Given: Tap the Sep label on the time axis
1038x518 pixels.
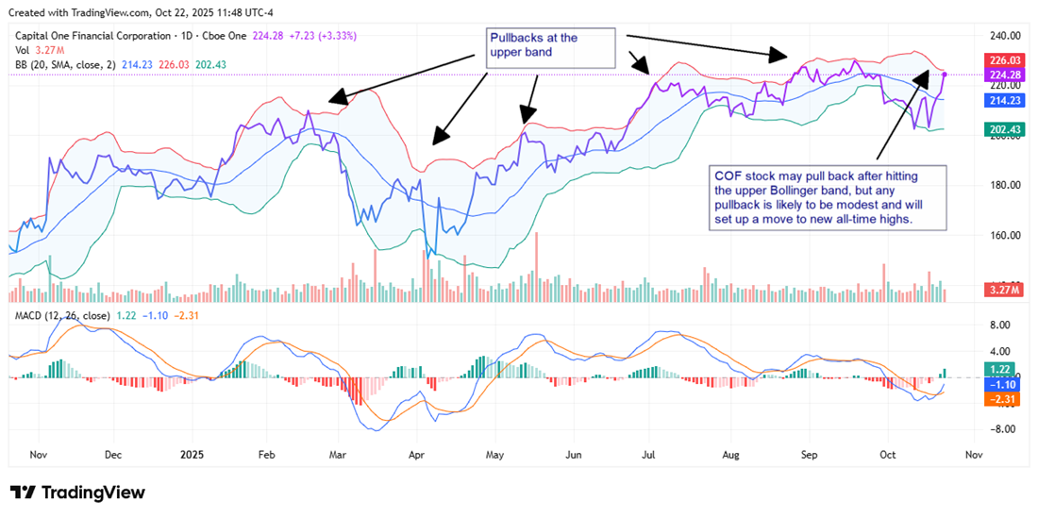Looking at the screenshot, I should pos(810,454).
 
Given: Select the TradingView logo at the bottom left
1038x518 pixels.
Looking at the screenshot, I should pos(77,493).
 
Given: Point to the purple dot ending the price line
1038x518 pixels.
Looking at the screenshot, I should pos(945,74).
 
